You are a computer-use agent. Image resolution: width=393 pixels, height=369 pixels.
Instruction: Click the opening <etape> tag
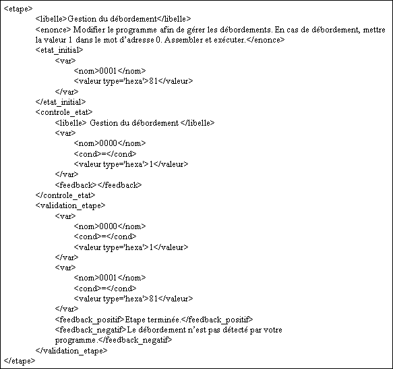click(18, 9)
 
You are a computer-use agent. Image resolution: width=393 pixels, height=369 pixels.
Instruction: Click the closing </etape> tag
click(20, 361)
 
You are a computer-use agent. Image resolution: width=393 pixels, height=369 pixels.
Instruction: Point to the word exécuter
click(232, 40)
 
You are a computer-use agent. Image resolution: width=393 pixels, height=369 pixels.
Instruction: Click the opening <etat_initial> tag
click(59, 50)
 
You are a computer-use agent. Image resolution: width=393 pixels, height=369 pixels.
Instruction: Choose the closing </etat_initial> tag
click(61, 102)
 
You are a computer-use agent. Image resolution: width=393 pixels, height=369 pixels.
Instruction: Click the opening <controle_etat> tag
click(64, 112)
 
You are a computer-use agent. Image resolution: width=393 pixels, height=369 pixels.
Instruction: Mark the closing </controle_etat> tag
click(65, 195)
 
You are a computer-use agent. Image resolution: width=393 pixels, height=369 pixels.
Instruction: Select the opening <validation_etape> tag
click(70, 205)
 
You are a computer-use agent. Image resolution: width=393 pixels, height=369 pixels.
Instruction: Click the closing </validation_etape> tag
click(71, 351)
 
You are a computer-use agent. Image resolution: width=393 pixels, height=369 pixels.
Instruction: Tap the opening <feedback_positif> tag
click(90, 320)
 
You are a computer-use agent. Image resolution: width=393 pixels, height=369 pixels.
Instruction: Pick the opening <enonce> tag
click(53, 30)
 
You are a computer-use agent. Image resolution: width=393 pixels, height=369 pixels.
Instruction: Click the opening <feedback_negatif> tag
click(91, 330)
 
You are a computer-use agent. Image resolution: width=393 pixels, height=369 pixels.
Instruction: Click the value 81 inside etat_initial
click(154, 81)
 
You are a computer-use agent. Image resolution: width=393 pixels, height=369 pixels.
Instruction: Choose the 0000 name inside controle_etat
click(109, 143)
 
